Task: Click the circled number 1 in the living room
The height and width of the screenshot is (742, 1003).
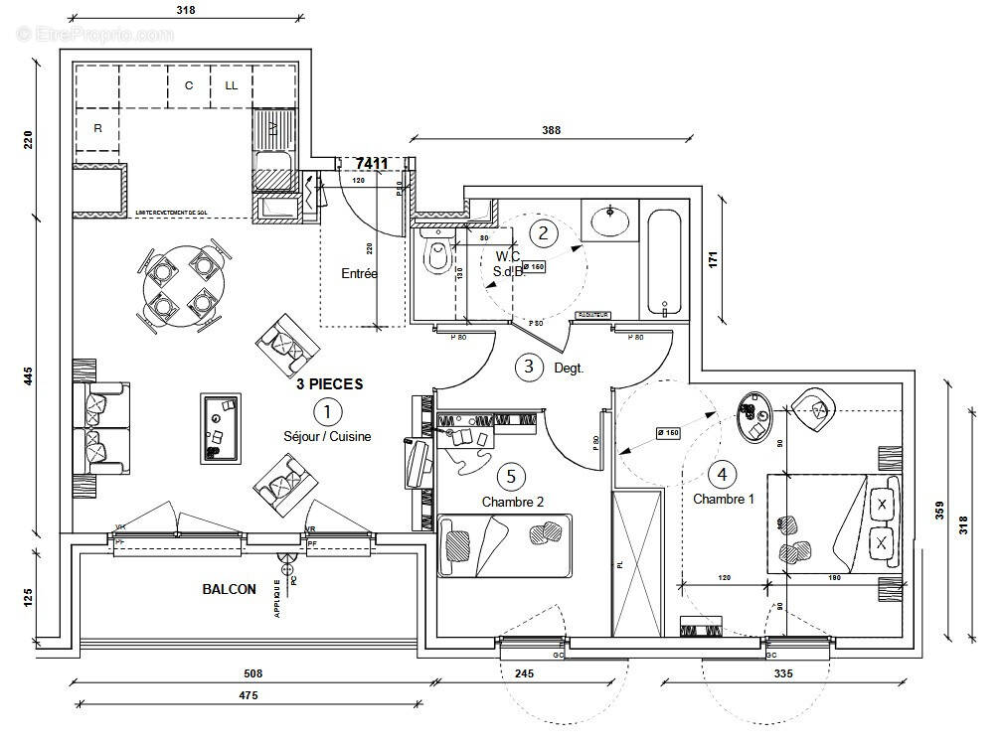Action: click(x=325, y=409)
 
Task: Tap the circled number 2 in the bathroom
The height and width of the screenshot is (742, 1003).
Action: click(x=543, y=233)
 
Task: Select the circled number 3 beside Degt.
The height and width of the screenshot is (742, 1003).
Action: click(x=529, y=367)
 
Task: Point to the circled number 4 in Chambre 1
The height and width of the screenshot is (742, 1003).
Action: click(x=723, y=474)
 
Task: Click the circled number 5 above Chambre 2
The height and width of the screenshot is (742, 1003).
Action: click(x=510, y=477)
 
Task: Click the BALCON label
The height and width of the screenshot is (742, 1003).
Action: click(x=230, y=589)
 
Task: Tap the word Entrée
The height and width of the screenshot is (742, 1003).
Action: click(x=359, y=273)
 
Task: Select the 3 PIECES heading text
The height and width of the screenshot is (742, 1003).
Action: click(x=329, y=383)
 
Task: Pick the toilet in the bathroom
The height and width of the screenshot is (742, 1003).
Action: click(x=434, y=257)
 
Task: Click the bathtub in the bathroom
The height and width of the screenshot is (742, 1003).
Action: click(x=662, y=261)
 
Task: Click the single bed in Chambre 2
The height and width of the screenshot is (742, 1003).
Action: click(x=505, y=544)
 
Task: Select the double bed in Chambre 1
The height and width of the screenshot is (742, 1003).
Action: click(x=833, y=523)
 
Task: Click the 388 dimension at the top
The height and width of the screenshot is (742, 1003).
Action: click(x=552, y=130)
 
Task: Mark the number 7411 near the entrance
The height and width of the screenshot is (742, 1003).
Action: click(x=371, y=163)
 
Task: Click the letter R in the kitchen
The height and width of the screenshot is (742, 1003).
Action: click(x=97, y=128)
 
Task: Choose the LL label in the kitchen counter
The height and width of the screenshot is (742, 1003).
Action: click(x=232, y=85)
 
